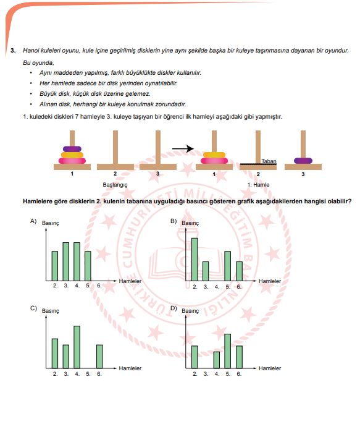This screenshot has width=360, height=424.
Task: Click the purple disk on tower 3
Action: pos(303,161)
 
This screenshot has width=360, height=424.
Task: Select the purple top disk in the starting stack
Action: pos(72,149)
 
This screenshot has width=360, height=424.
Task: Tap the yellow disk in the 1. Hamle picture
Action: pos(214,155)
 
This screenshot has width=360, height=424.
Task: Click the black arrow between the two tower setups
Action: pos(183,148)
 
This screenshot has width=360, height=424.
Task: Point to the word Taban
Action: pos(269,161)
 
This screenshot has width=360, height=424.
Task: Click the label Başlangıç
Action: pos(115,185)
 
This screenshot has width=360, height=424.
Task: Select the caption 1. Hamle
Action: pos(258,185)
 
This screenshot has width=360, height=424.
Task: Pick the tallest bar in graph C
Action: pos(77,347)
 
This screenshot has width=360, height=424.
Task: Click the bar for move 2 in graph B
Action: pos(195,260)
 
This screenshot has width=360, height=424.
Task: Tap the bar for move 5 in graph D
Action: pos(228,351)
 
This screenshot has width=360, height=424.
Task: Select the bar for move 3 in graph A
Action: pos(66,261)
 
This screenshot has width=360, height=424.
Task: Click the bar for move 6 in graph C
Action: pos(99,357)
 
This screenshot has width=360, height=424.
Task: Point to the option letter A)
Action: pos(33,221)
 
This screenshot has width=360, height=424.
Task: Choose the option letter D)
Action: pos(174,308)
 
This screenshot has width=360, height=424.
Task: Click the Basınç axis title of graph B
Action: pos(190,223)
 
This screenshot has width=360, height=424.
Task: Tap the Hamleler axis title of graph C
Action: pos(130,368)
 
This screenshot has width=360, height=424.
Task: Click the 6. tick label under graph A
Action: pos(99,286)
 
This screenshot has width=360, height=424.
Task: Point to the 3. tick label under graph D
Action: pos(206,374)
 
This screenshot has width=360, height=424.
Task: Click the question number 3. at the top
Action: pos(13,50)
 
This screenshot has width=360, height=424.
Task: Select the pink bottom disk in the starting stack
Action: pos(72,161)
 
